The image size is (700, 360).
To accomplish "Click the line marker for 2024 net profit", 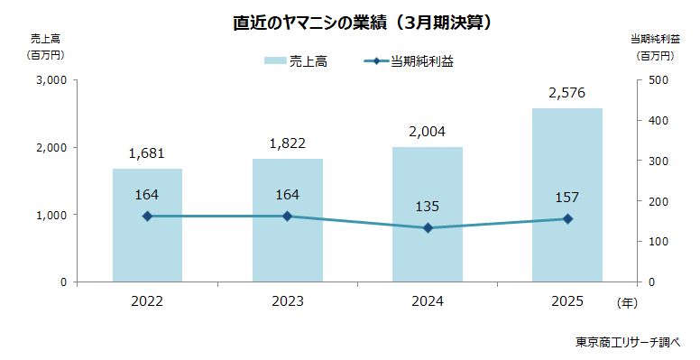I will [428, 228].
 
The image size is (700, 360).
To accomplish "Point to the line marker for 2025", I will [566, 219].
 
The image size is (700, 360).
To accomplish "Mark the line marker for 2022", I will [147, 217].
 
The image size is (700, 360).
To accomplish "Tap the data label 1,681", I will [147, 152].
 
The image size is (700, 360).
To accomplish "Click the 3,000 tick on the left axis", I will [52, 79].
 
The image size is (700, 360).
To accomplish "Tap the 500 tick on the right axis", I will [657, 79].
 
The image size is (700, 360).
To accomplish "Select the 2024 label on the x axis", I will [428, 301].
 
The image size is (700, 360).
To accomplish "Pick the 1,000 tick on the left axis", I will [52, 215].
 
